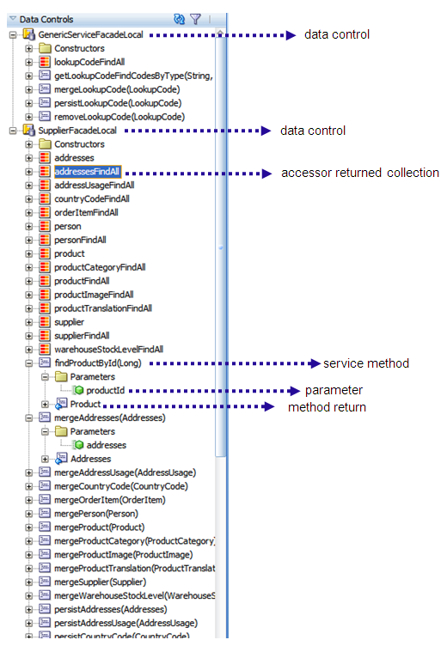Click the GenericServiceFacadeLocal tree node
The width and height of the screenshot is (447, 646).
click(90, 34)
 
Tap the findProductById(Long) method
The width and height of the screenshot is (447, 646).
click(95, 363)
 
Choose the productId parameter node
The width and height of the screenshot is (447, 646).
click(106, 391)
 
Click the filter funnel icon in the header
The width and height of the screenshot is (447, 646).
click(195, 18)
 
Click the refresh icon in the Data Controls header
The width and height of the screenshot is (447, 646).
click(179, 18)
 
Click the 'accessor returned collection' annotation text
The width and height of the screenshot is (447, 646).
click(359, 173)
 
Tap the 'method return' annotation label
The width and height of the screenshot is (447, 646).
click(327, 406)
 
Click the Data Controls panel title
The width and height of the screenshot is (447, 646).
click(46, 19)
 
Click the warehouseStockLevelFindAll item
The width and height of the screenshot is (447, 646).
click(108, 350)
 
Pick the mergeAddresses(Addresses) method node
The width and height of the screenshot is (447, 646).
click(109, 417)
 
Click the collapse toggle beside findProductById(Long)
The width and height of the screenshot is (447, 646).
click(29, 363)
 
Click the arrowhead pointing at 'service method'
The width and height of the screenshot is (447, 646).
click(314, 363)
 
